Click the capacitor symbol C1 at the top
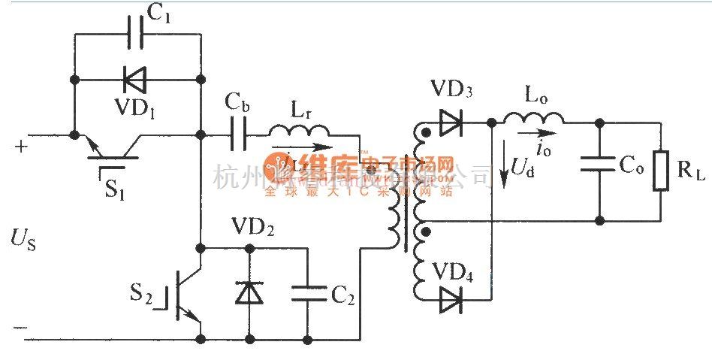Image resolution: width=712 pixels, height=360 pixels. click(x=137, y=33)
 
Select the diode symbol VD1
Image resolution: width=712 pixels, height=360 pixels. click(x=137, y=79)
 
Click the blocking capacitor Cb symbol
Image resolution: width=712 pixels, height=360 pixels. click(x=238, y=136)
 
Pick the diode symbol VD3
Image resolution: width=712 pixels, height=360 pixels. click(x=450, y=122)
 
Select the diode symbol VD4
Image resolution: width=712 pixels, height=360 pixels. click(x=450, y=299)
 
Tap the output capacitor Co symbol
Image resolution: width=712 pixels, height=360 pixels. click(x=599, y=166)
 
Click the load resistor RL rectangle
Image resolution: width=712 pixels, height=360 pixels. click(x=661, y=170)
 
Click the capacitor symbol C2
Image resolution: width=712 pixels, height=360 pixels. click(x=307, y=292)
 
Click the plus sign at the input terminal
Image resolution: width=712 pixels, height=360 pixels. click(x=20, y=147)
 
